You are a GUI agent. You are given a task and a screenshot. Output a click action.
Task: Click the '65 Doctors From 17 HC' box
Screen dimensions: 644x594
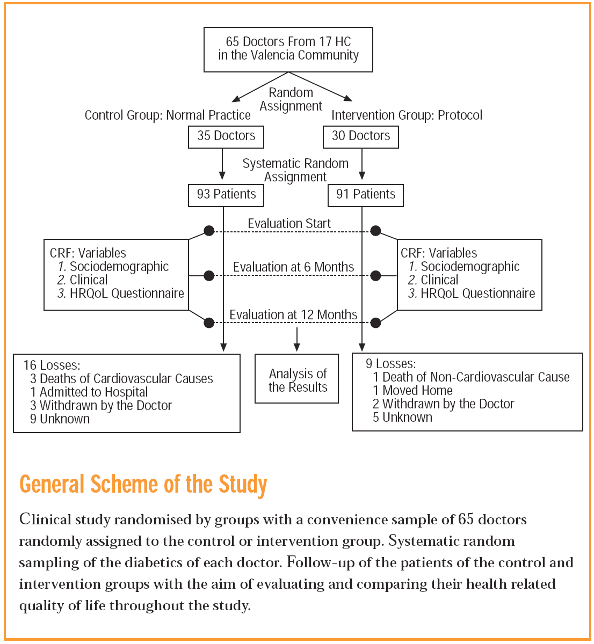[x=288, y=49]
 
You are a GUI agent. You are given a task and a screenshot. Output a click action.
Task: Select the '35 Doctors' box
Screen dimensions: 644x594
[x=226, y=136]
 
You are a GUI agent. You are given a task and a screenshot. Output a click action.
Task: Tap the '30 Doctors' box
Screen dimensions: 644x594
[x=361, y=136]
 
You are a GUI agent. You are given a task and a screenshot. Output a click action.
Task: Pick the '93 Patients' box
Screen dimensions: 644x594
[x=226, y=195]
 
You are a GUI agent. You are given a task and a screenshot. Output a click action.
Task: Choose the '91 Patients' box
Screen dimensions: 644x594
[x=366, y=195]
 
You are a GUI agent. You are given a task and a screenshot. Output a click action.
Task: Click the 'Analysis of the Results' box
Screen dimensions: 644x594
[x=297, y=380]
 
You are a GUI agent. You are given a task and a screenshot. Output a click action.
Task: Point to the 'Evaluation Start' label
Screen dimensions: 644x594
[x=289, y=224]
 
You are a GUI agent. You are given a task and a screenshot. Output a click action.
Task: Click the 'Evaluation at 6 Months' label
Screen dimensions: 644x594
[x=293, y=267]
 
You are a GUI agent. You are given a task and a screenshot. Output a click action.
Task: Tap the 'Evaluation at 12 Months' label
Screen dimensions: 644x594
[x=293, y=315]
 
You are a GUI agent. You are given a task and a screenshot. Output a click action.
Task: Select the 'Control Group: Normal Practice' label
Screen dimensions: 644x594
[x=168, y=115]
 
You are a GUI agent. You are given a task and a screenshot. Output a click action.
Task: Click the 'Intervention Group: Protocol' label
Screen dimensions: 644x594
[x=407, y=115]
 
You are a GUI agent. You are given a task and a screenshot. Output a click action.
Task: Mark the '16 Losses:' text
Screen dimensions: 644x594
[x=52, y=365]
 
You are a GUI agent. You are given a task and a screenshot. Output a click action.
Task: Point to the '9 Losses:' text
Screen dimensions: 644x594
[x=390, y=364]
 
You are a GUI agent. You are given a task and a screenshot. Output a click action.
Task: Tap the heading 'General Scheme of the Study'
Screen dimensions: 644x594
[x=143, y=484]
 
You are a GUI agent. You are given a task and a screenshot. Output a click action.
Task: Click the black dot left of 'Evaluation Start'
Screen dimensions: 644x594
[x=209, y=231]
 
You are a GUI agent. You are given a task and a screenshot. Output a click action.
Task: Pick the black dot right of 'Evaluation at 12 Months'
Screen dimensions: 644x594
[x=376, y=323]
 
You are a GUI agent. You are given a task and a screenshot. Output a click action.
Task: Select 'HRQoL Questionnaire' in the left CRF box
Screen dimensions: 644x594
[x=127, y=294]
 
